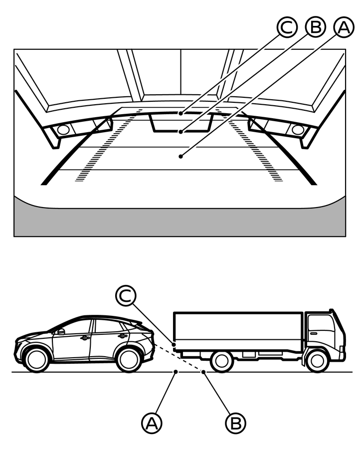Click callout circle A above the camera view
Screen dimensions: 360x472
[344, 27]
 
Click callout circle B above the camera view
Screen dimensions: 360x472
[315, 27]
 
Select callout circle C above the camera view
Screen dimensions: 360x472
[287, 27]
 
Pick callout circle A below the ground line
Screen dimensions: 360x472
[152, 423]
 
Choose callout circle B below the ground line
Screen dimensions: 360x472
[235, 423]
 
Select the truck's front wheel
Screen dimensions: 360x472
[317, 361]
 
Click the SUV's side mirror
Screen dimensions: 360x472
[61, 332]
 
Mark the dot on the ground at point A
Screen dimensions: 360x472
[176, 372]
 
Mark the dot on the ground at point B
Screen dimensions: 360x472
[203, 372]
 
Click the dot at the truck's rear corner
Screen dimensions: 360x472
[174, 344]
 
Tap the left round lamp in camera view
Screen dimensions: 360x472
[63, 130]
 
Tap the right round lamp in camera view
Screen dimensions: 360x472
[298, 130]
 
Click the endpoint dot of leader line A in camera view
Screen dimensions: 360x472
[180, 156]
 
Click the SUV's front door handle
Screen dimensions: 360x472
[85, 338]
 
